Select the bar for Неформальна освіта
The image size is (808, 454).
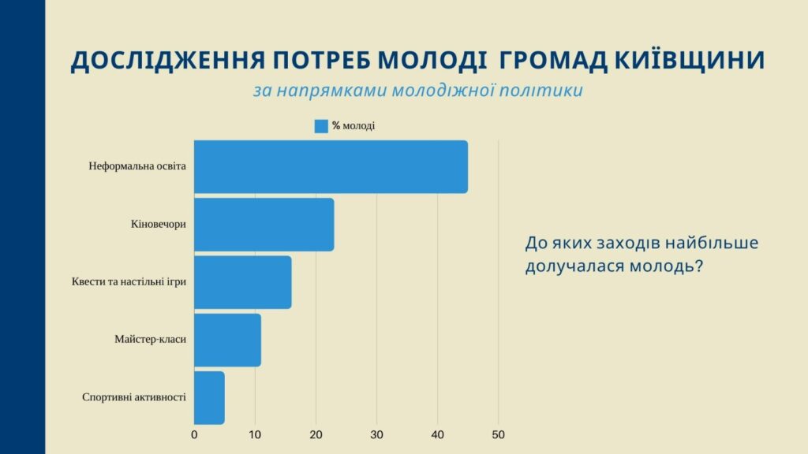click(331, 166)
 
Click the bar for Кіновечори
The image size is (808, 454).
click(264, 225)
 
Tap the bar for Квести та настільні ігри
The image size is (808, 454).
click(242, 282)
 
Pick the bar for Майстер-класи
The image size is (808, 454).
click(227, 340)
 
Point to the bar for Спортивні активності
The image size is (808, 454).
click(209, 397)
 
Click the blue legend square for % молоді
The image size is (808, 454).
click(321, 126)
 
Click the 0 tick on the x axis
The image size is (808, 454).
click(194, 434)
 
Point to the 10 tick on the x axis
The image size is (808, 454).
click(255, 434)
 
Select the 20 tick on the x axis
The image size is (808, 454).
click(316, 434)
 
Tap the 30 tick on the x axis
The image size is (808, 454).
click(376, 434)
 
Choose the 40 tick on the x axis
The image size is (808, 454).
click(437, 434)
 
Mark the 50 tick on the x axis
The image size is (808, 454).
click(498, 434)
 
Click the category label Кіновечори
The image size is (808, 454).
click(159, 225)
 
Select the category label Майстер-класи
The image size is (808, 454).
click(150, 340)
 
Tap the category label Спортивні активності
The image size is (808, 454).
click(134, 397)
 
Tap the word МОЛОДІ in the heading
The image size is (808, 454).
click(428, 61)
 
